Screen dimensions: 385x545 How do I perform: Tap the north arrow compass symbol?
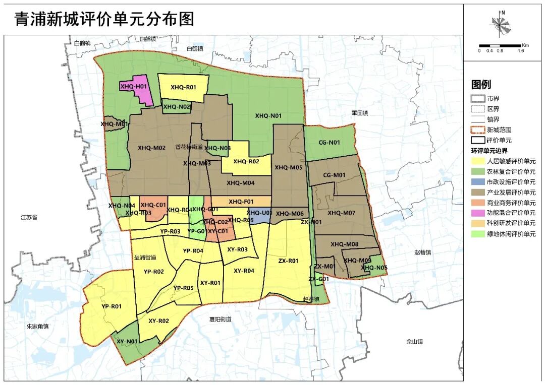pos(501,23)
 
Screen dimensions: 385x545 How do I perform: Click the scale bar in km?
pos(500,46)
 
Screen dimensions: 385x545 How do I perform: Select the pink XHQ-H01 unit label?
pos(132,87)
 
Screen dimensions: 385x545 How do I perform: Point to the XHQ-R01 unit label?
pos(183,87)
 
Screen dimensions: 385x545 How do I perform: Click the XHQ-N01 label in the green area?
pos(268,116)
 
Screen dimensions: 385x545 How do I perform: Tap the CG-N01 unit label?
pos(329,143)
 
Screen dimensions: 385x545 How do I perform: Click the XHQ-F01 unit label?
pos(241,202)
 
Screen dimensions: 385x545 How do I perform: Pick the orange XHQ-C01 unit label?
pos(153,205)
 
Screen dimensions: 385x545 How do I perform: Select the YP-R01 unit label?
pos(112,306)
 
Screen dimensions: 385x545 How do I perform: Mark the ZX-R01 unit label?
pos(289,261)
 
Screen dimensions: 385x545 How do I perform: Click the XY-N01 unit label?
pos(127,341)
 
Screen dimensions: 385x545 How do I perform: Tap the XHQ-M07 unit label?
pos(342,213)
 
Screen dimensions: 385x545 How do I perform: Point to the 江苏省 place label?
pos(29,218)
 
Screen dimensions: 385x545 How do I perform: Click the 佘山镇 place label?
pos(414,342)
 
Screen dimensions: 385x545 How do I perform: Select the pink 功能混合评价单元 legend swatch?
pos(477,213)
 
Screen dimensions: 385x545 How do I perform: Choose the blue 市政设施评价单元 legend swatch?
pos(477,182)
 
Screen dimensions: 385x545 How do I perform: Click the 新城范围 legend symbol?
pos(477,130)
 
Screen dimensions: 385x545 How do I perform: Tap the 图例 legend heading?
pos(481,85)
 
